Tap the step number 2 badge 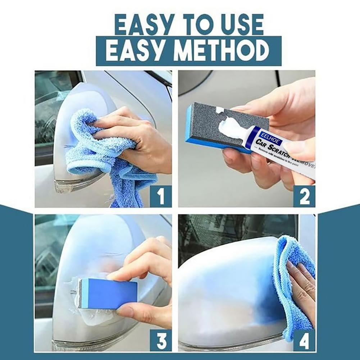coord(304,196)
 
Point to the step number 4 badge coord(304,340)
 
